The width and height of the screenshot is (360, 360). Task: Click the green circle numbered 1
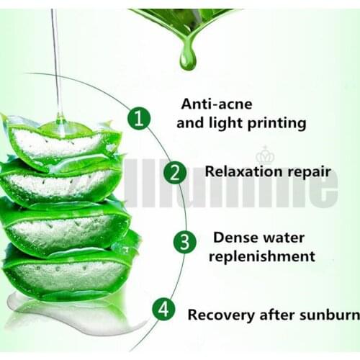click(140, 117)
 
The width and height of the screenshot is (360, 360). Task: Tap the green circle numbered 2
click(175, 172)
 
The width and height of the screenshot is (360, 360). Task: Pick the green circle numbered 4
click(163, 310)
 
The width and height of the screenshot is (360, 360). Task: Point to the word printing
click(276, 123)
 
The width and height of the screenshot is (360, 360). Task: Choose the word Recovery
click(216, 315)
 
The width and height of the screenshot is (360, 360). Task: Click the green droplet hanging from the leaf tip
click(188, 58)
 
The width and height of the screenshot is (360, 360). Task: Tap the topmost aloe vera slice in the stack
click(60, 140)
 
